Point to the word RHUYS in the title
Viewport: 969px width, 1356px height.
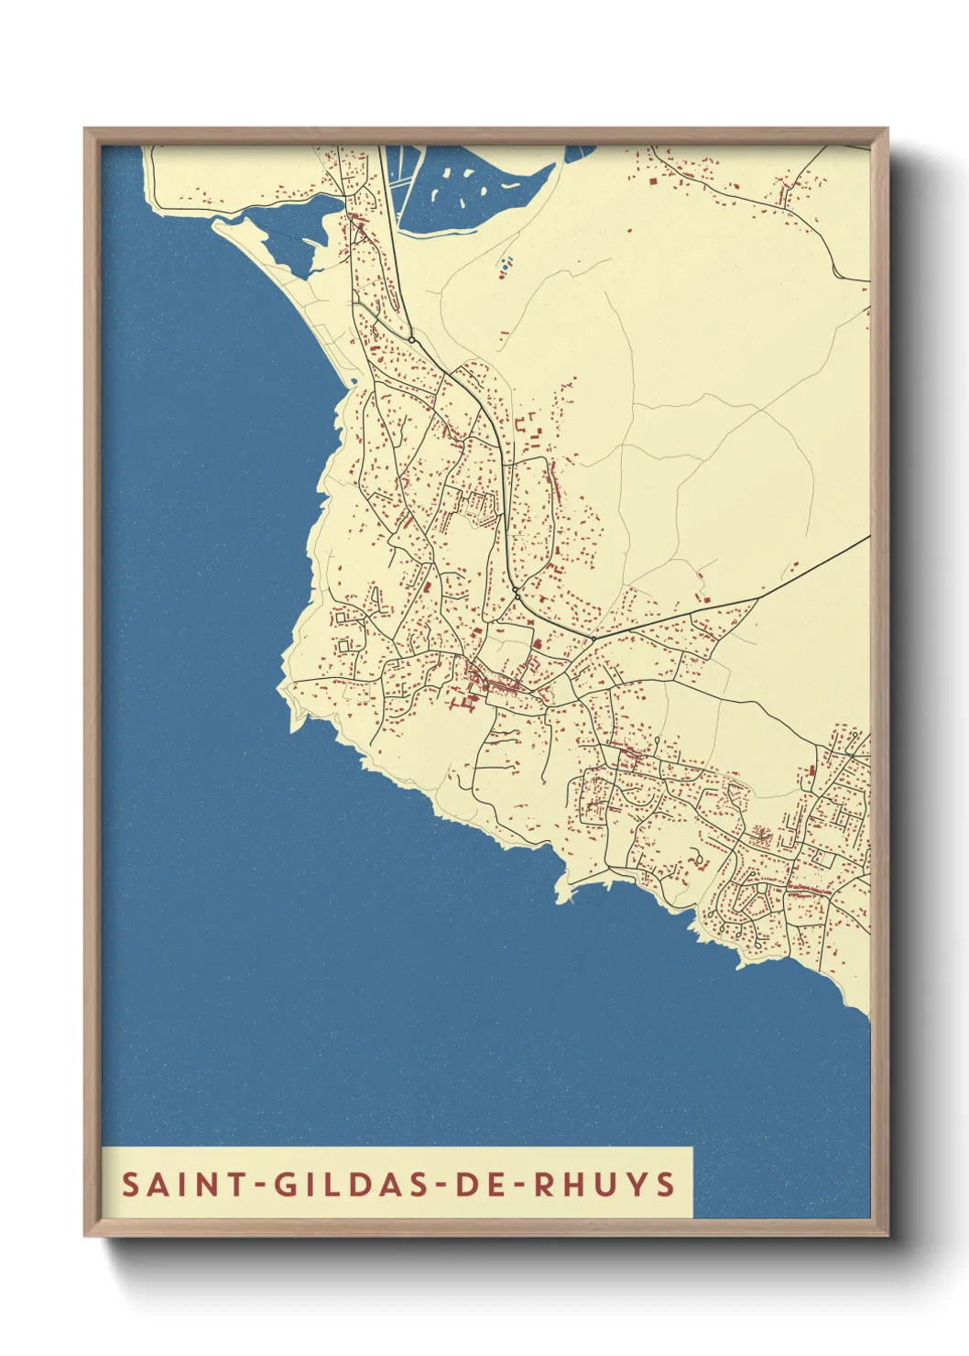pyautogui.click(x=604, y=1184)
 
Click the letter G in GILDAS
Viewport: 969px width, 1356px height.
pyautogui.click(x=285, y=1184)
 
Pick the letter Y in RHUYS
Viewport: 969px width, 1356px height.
pyautogui.click(x=637, y=1184)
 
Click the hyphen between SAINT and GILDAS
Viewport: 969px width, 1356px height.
pyautogui.click(x=260, y=1186)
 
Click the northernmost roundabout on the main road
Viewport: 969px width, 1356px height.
pyautogui.click(x=412, y=340)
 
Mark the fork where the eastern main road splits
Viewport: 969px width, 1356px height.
pyautogui.click(x=757, y=599)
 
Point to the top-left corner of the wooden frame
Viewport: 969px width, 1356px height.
pyautogui.click(x=86, y=129)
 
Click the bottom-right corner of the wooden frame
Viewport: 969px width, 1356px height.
pyautogui.click(x=887, y=1234)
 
